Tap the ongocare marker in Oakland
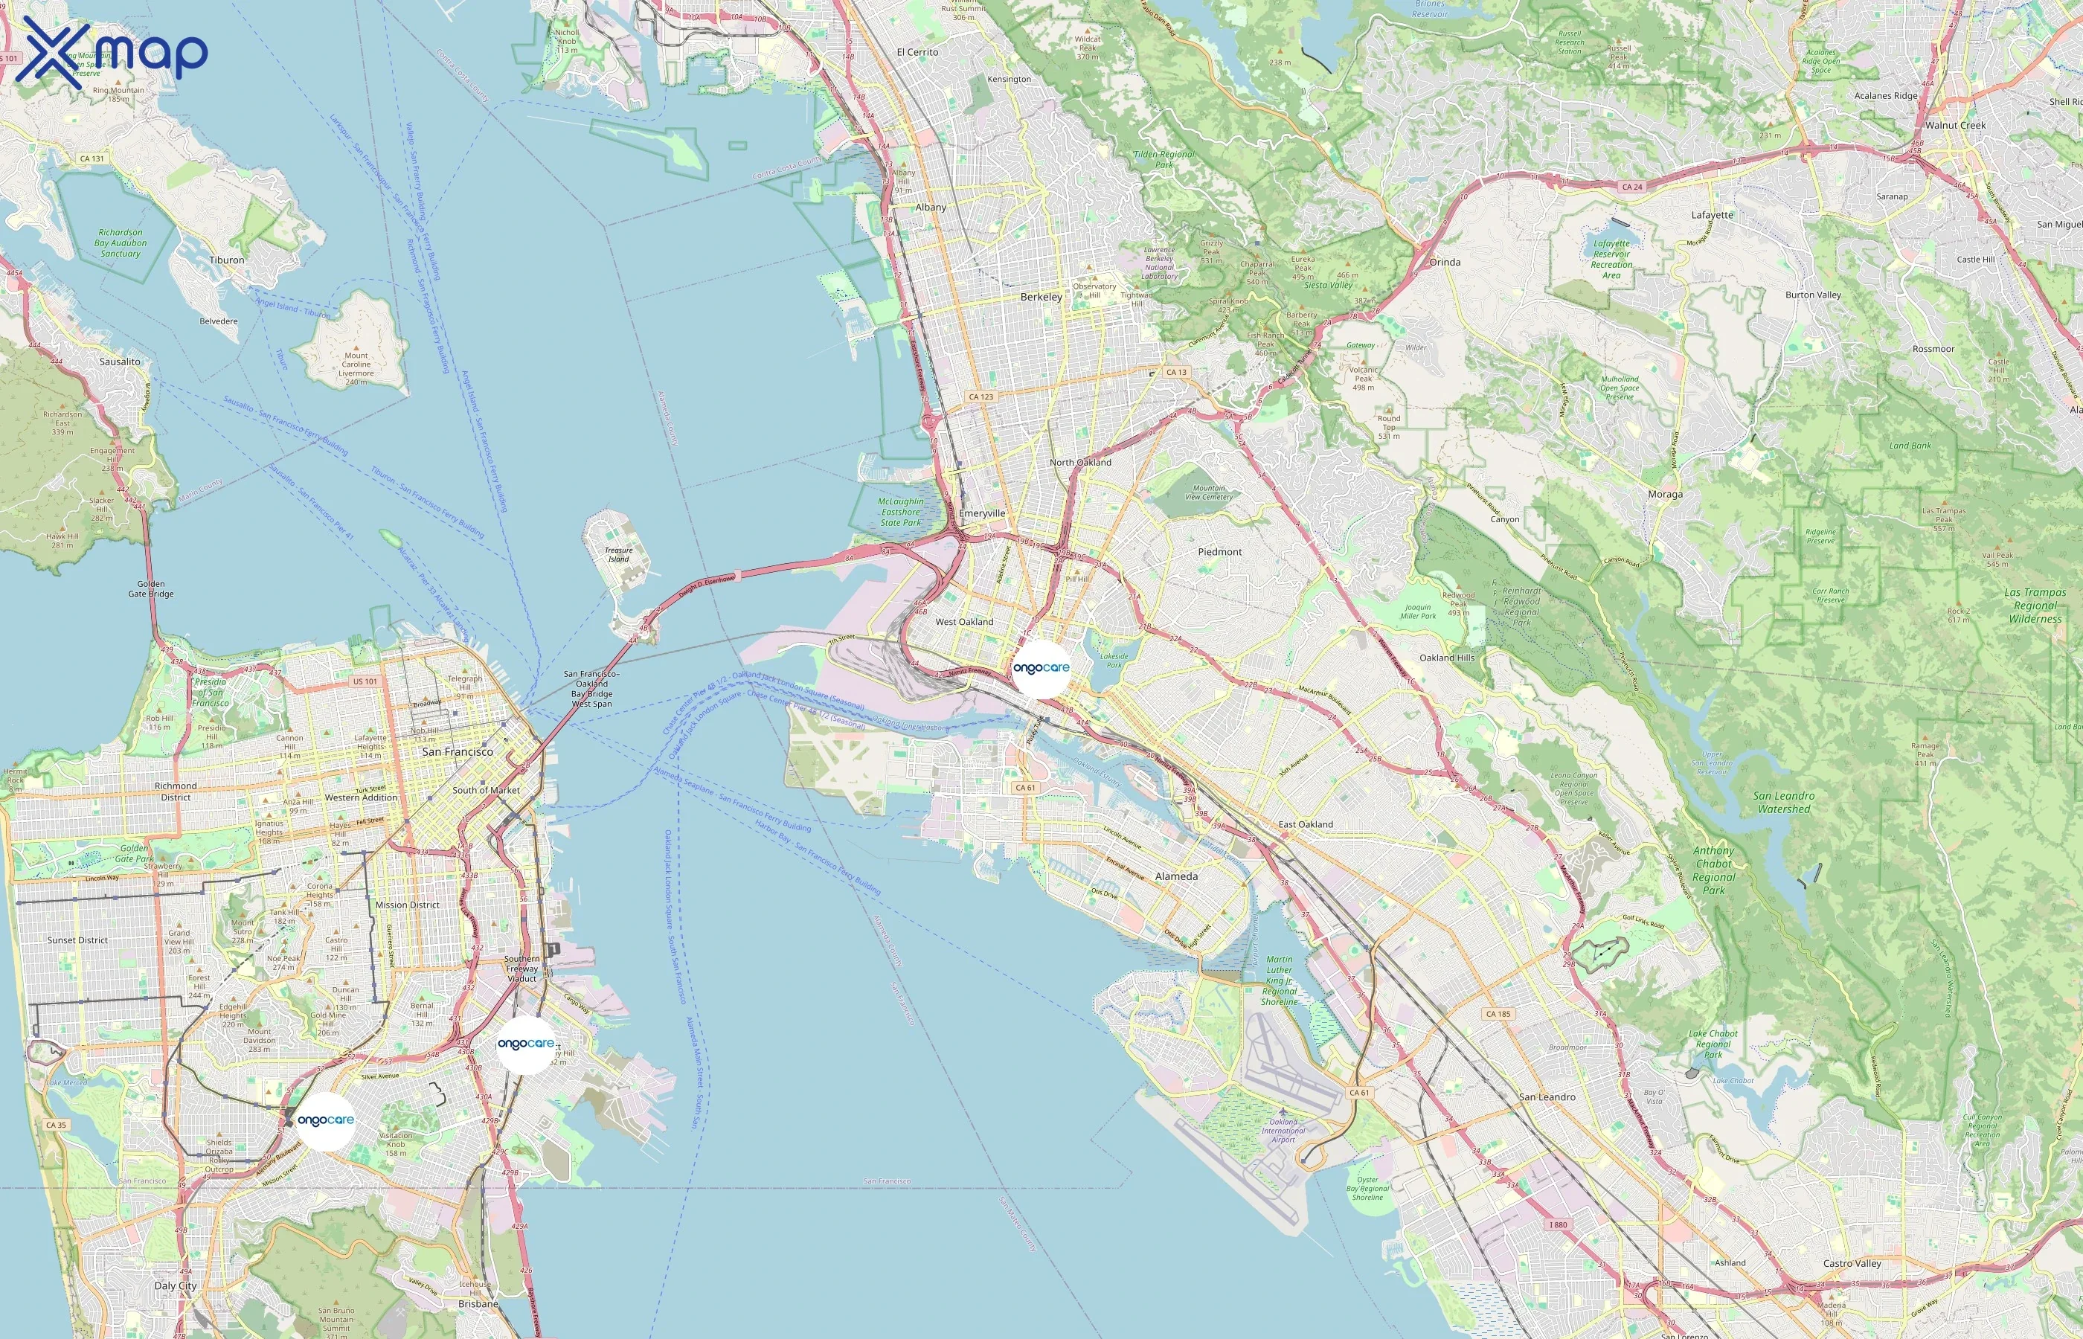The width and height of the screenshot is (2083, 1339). point(1041,668)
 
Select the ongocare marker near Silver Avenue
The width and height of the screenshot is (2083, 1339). point(525,1044)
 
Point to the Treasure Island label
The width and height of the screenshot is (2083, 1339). point(618,554)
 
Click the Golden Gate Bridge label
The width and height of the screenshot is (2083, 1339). point(150,588)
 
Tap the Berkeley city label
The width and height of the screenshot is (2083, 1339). point(1041,297)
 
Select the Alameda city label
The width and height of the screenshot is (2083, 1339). point(1175,876)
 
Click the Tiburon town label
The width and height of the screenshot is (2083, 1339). point(226,260)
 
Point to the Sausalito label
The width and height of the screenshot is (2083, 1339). point(119,361)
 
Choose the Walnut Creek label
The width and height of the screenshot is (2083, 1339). point(1954,125)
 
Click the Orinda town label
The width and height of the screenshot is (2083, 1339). point(1445,262)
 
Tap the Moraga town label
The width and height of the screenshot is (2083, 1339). point(1665,494)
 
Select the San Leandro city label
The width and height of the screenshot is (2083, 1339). point(1547,1096)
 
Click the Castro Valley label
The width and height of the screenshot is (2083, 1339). point(1852,1263)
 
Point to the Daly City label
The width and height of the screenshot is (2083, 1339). point(176,1285)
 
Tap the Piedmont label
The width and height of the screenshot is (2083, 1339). point(1220,551)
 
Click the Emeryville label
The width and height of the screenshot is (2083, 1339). point(981,513)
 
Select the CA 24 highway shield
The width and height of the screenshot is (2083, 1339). point(1631,187)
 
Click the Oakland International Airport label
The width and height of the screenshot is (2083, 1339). point(1283,1130)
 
